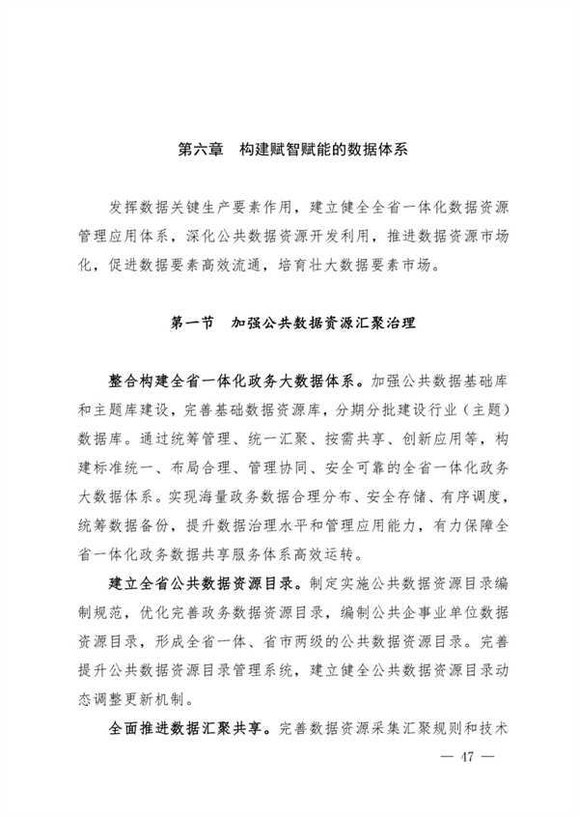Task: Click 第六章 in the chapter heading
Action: (201, 151)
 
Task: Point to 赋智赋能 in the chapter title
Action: (311, 151)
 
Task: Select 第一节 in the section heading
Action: (191, 320)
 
